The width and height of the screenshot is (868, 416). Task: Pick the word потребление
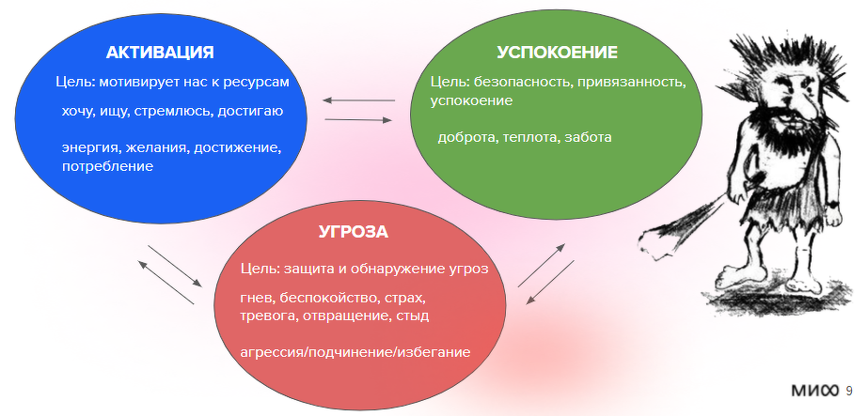[107, 166]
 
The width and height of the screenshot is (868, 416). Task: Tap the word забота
[589, 137]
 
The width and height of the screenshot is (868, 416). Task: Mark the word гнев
[256, 298]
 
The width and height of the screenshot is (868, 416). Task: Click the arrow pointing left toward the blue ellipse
[358, 100]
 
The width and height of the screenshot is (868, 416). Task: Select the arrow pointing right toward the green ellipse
[358, 119]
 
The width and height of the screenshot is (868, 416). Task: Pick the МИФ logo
[813, 391]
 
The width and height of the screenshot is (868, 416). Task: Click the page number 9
[849, 391]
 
